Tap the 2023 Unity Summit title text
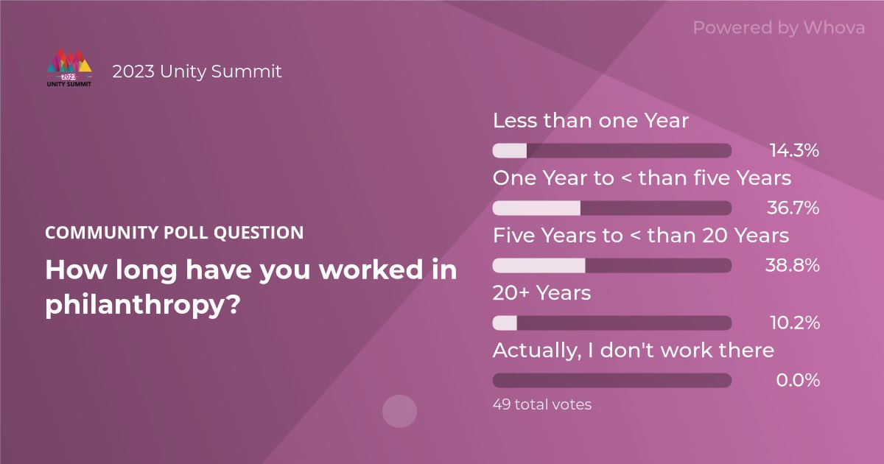click(x=197, y=71)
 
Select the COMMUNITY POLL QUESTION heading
click(x=174, y=233)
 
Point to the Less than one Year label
click(x=590, y=121)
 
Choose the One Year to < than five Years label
click(x=642, y=178)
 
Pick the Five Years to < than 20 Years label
click(x=641, y=236)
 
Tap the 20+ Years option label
click(x=541, y=292)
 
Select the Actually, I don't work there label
click(x=633, y=350)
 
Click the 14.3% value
click(x=794, y=151)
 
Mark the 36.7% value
click(x=793, y=208)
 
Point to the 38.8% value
click(x=793, y=266)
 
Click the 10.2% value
click(x=794, y=323)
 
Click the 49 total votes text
click(x=541, y=404)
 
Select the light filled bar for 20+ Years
click(x=505, y=323)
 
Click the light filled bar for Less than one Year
click(x=509, y=151)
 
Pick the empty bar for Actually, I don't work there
click(x=611, y=381)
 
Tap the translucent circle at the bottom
click(x=399, y=411)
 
